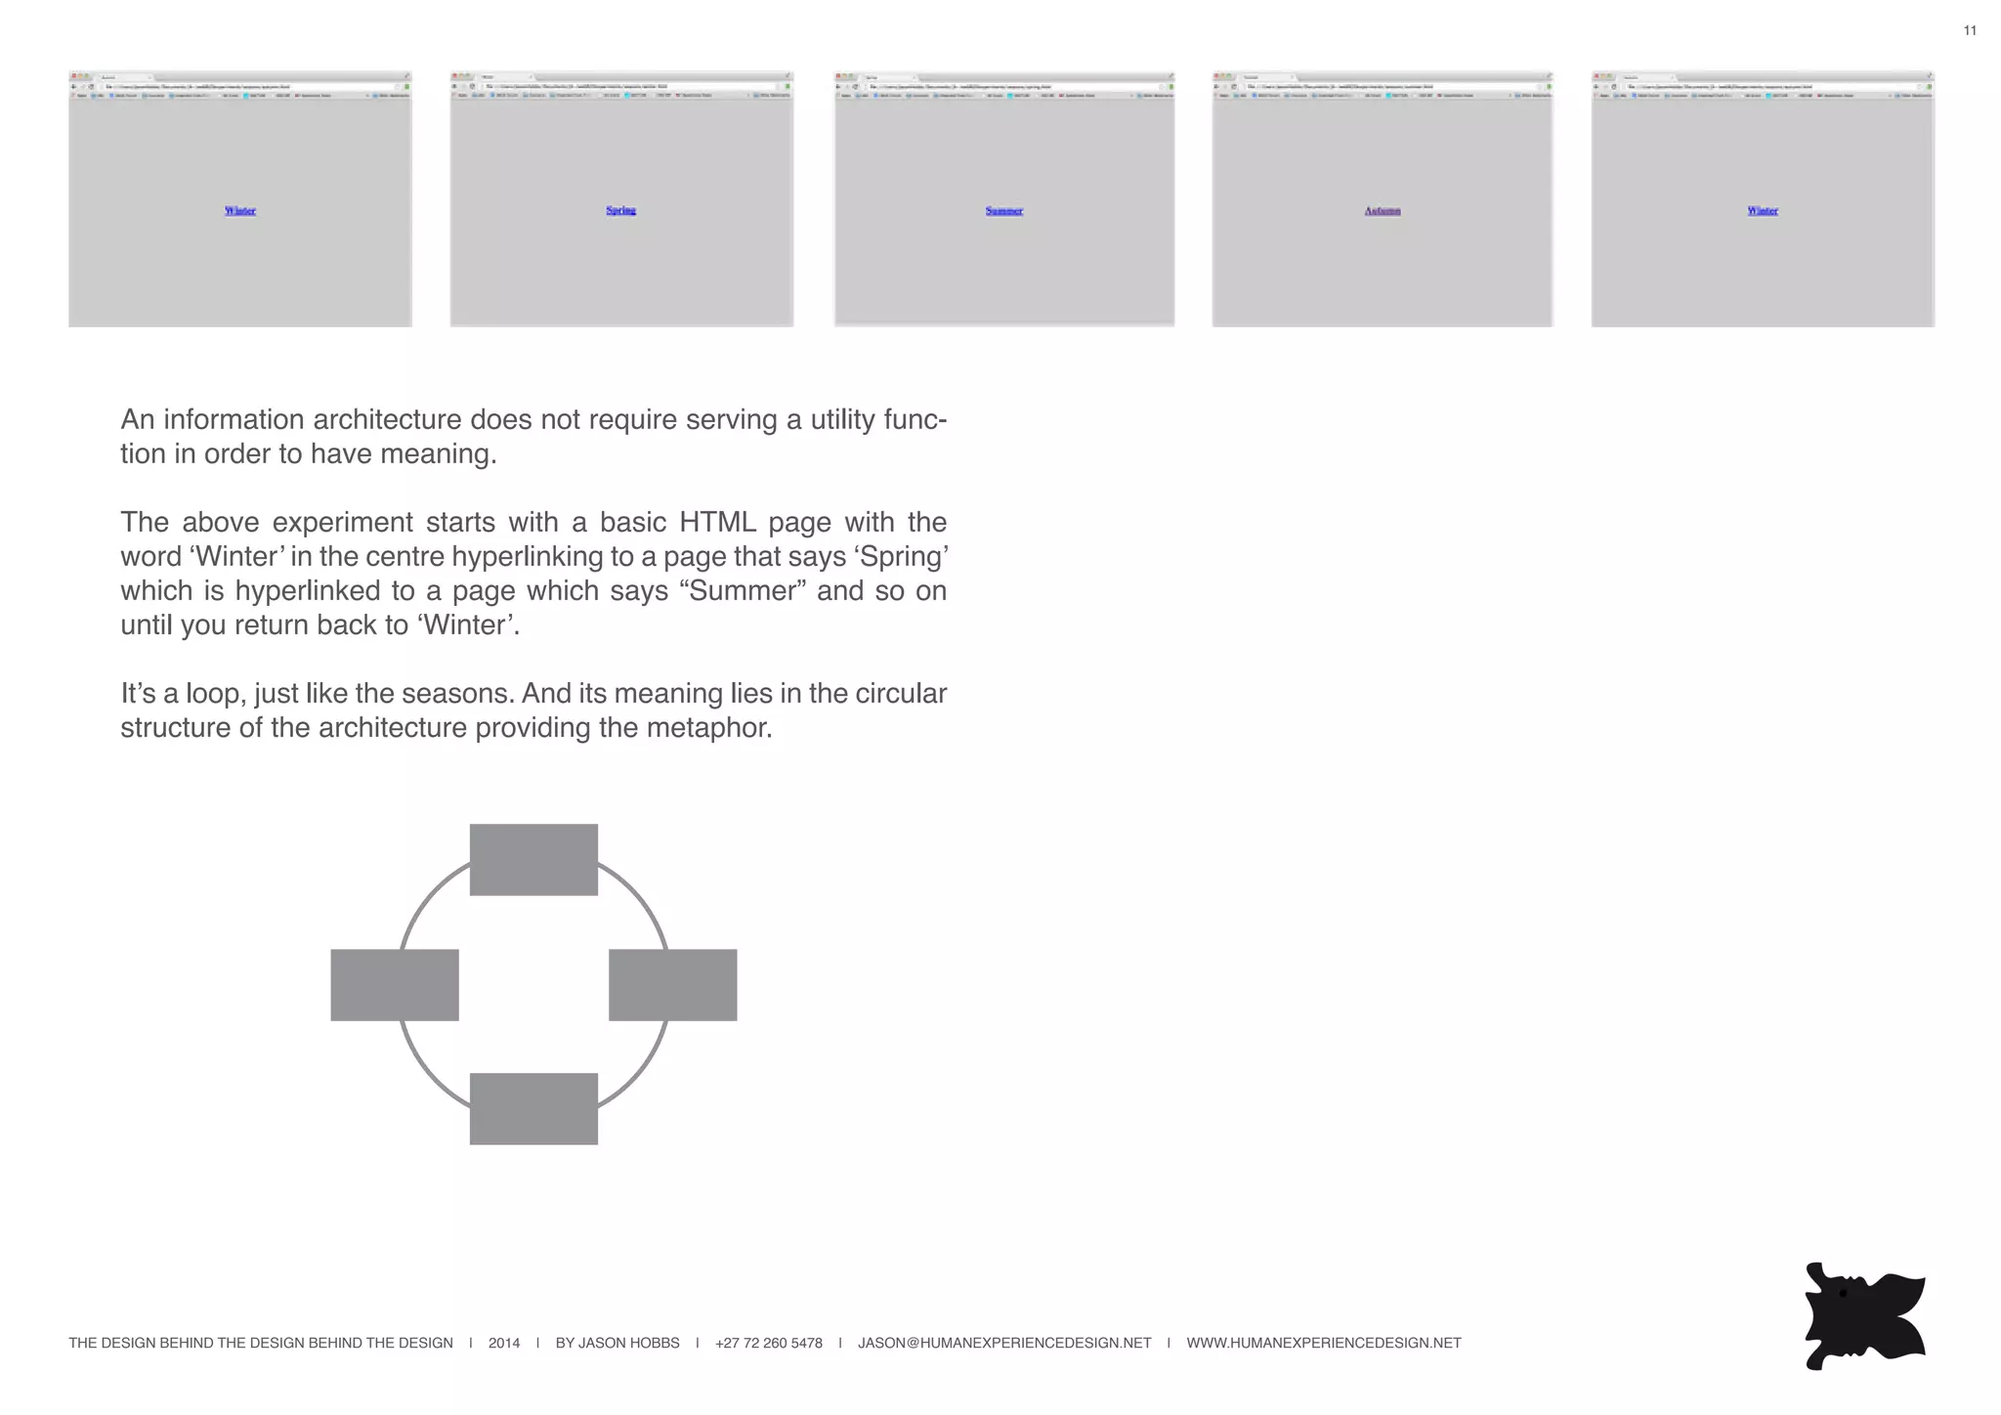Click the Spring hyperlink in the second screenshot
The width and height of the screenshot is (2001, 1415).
coord(620,210)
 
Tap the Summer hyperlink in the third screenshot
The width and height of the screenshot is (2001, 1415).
coord(1003,211)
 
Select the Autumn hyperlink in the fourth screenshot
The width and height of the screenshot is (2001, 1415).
coord(1382,211)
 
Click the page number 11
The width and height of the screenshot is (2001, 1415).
coord(1970,30)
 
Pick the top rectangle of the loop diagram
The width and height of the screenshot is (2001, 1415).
coord(533,859)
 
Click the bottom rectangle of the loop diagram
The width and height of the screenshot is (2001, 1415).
coord(533,1108)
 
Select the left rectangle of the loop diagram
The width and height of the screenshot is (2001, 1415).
coord(395,984)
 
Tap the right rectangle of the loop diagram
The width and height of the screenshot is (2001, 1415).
coord(672,984)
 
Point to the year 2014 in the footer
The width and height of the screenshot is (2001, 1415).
coord(504,1343)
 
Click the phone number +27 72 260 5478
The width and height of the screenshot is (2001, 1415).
coord(768,1343)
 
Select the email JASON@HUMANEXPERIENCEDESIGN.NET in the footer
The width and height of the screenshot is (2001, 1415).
coord(1004,1343)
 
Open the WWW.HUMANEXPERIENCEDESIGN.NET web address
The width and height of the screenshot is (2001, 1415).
coord(1323,1343)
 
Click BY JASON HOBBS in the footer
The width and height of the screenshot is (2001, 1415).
coord(617,1343)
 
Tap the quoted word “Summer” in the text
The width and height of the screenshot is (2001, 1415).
coord(743,590)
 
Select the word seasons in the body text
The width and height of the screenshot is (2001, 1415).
coord(458,693)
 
